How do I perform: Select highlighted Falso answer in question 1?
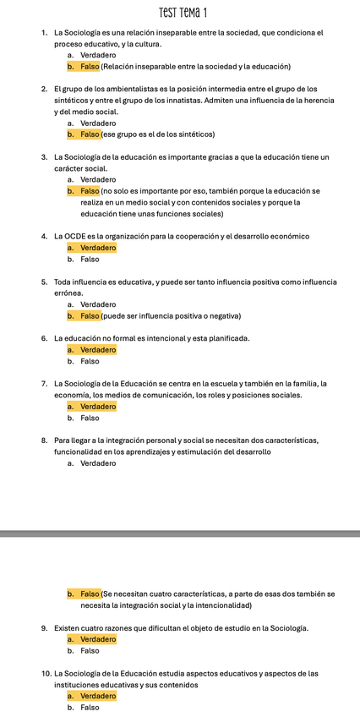90,66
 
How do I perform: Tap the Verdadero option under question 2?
98,123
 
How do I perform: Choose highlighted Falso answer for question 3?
90,191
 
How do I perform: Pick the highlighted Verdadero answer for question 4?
98,248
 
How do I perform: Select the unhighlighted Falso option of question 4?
90,259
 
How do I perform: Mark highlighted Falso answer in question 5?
90,315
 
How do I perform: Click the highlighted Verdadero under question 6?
98,349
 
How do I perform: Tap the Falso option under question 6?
90,361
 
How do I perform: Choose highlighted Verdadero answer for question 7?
98,406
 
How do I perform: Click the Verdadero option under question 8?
98,463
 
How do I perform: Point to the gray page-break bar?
180,534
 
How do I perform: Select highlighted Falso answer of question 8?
90,594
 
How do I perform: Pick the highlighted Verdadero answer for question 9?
98,639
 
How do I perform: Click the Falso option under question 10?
90,707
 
